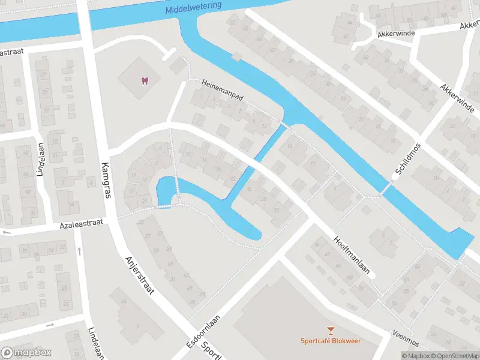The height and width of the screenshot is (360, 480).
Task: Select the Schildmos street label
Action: (x=407, y=161)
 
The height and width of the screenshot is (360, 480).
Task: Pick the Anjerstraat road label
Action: (x=140, y=276)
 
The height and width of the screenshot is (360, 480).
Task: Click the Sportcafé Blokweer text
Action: (x=330, y=341)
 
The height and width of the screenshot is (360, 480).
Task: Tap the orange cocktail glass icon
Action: (x=330, y=330)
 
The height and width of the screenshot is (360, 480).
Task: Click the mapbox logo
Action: (x=26, y=353)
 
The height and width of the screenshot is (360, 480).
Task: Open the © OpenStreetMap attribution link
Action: (x=456, y=356)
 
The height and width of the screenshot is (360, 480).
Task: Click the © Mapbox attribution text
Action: (x=416, y=356)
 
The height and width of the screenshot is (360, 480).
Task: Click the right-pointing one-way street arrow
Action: (x=50, y=326)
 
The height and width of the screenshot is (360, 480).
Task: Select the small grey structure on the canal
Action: (x=237, y=57)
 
